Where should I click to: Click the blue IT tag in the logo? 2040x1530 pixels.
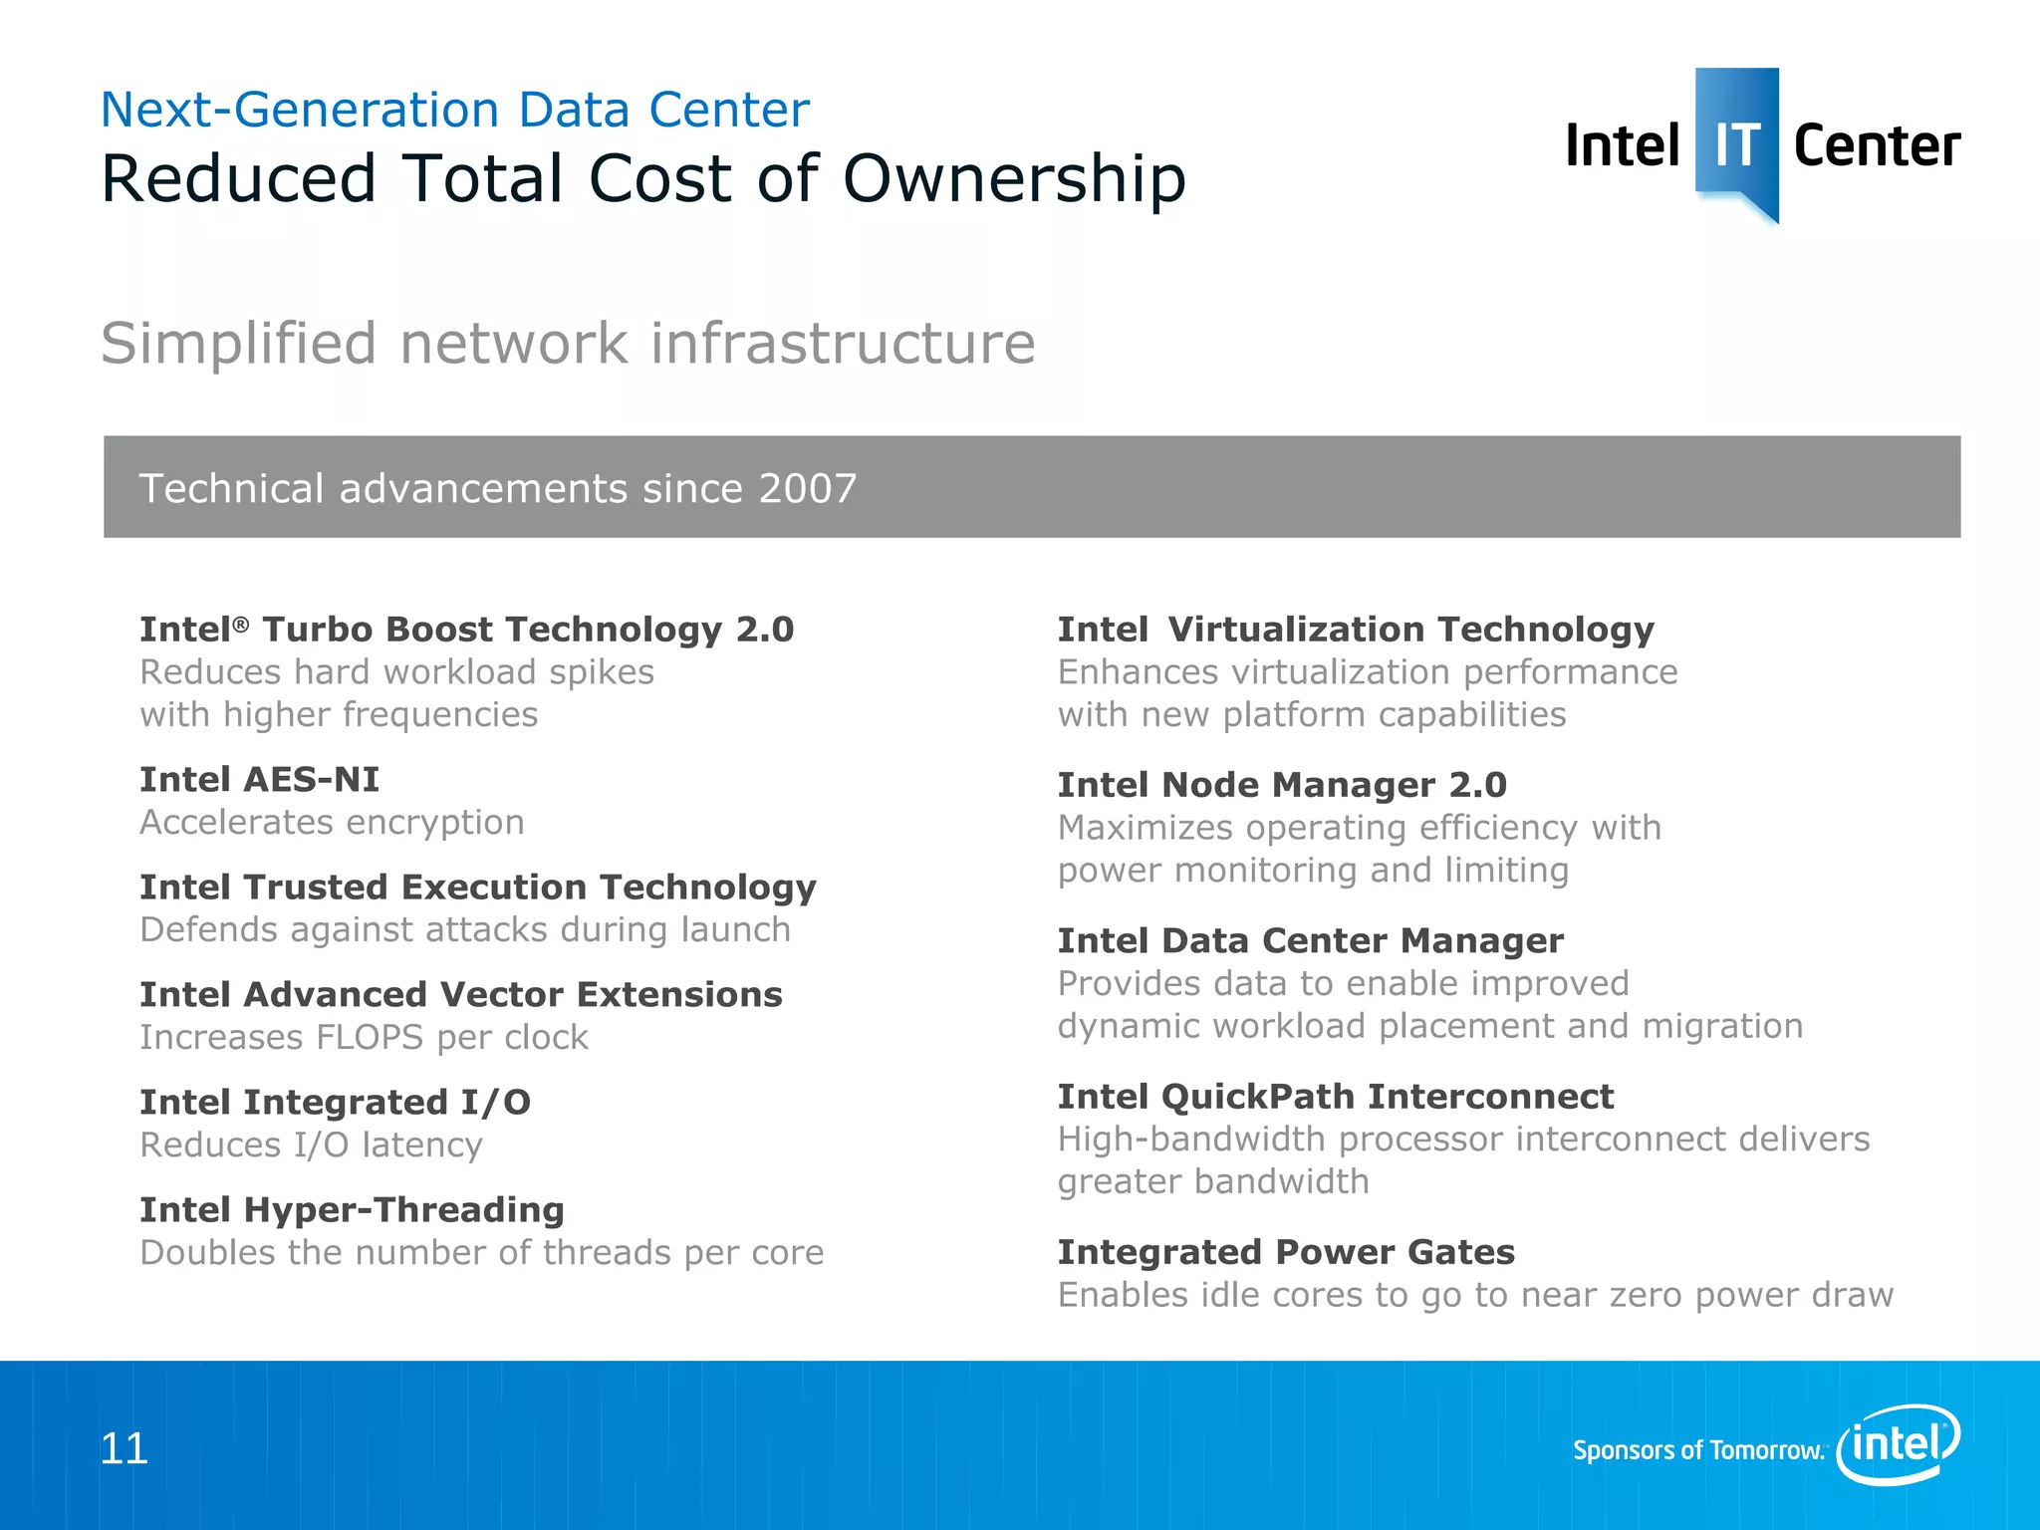[x=1736, y=139]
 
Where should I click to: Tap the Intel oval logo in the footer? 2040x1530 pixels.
[x=1898, y=1443]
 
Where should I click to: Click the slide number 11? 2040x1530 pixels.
[x=125, y=1448]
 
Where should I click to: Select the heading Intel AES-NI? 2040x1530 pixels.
[x=259, y=779]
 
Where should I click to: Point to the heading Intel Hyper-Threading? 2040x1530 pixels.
[x=352, y=1209]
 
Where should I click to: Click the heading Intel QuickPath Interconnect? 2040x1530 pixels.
[x=1335, y=1096]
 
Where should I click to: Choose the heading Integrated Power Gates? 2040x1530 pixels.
[x=1286, y=1251]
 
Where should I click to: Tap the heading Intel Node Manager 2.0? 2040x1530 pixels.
[x=1282, y=785]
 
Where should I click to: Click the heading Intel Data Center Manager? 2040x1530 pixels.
[x=1310, y=940]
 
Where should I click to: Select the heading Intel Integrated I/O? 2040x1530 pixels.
[x=335, y=1102]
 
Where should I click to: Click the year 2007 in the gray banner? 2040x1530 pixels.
[x=807, y=488]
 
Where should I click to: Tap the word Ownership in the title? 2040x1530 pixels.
[x=1014, y=179]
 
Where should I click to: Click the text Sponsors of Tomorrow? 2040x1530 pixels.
[x=1698, y=1449]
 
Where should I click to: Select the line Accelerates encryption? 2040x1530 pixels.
[x=332, y=822]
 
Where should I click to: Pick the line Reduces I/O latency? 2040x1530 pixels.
[x=311, y=1145]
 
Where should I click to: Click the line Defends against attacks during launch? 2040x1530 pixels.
[x=465, y=929]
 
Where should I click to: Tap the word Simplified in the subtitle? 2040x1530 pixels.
[x=239, y=344]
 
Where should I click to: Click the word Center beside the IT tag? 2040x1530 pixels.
[x=1877, y=146]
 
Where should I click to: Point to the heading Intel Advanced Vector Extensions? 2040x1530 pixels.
[x=460, y=994]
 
